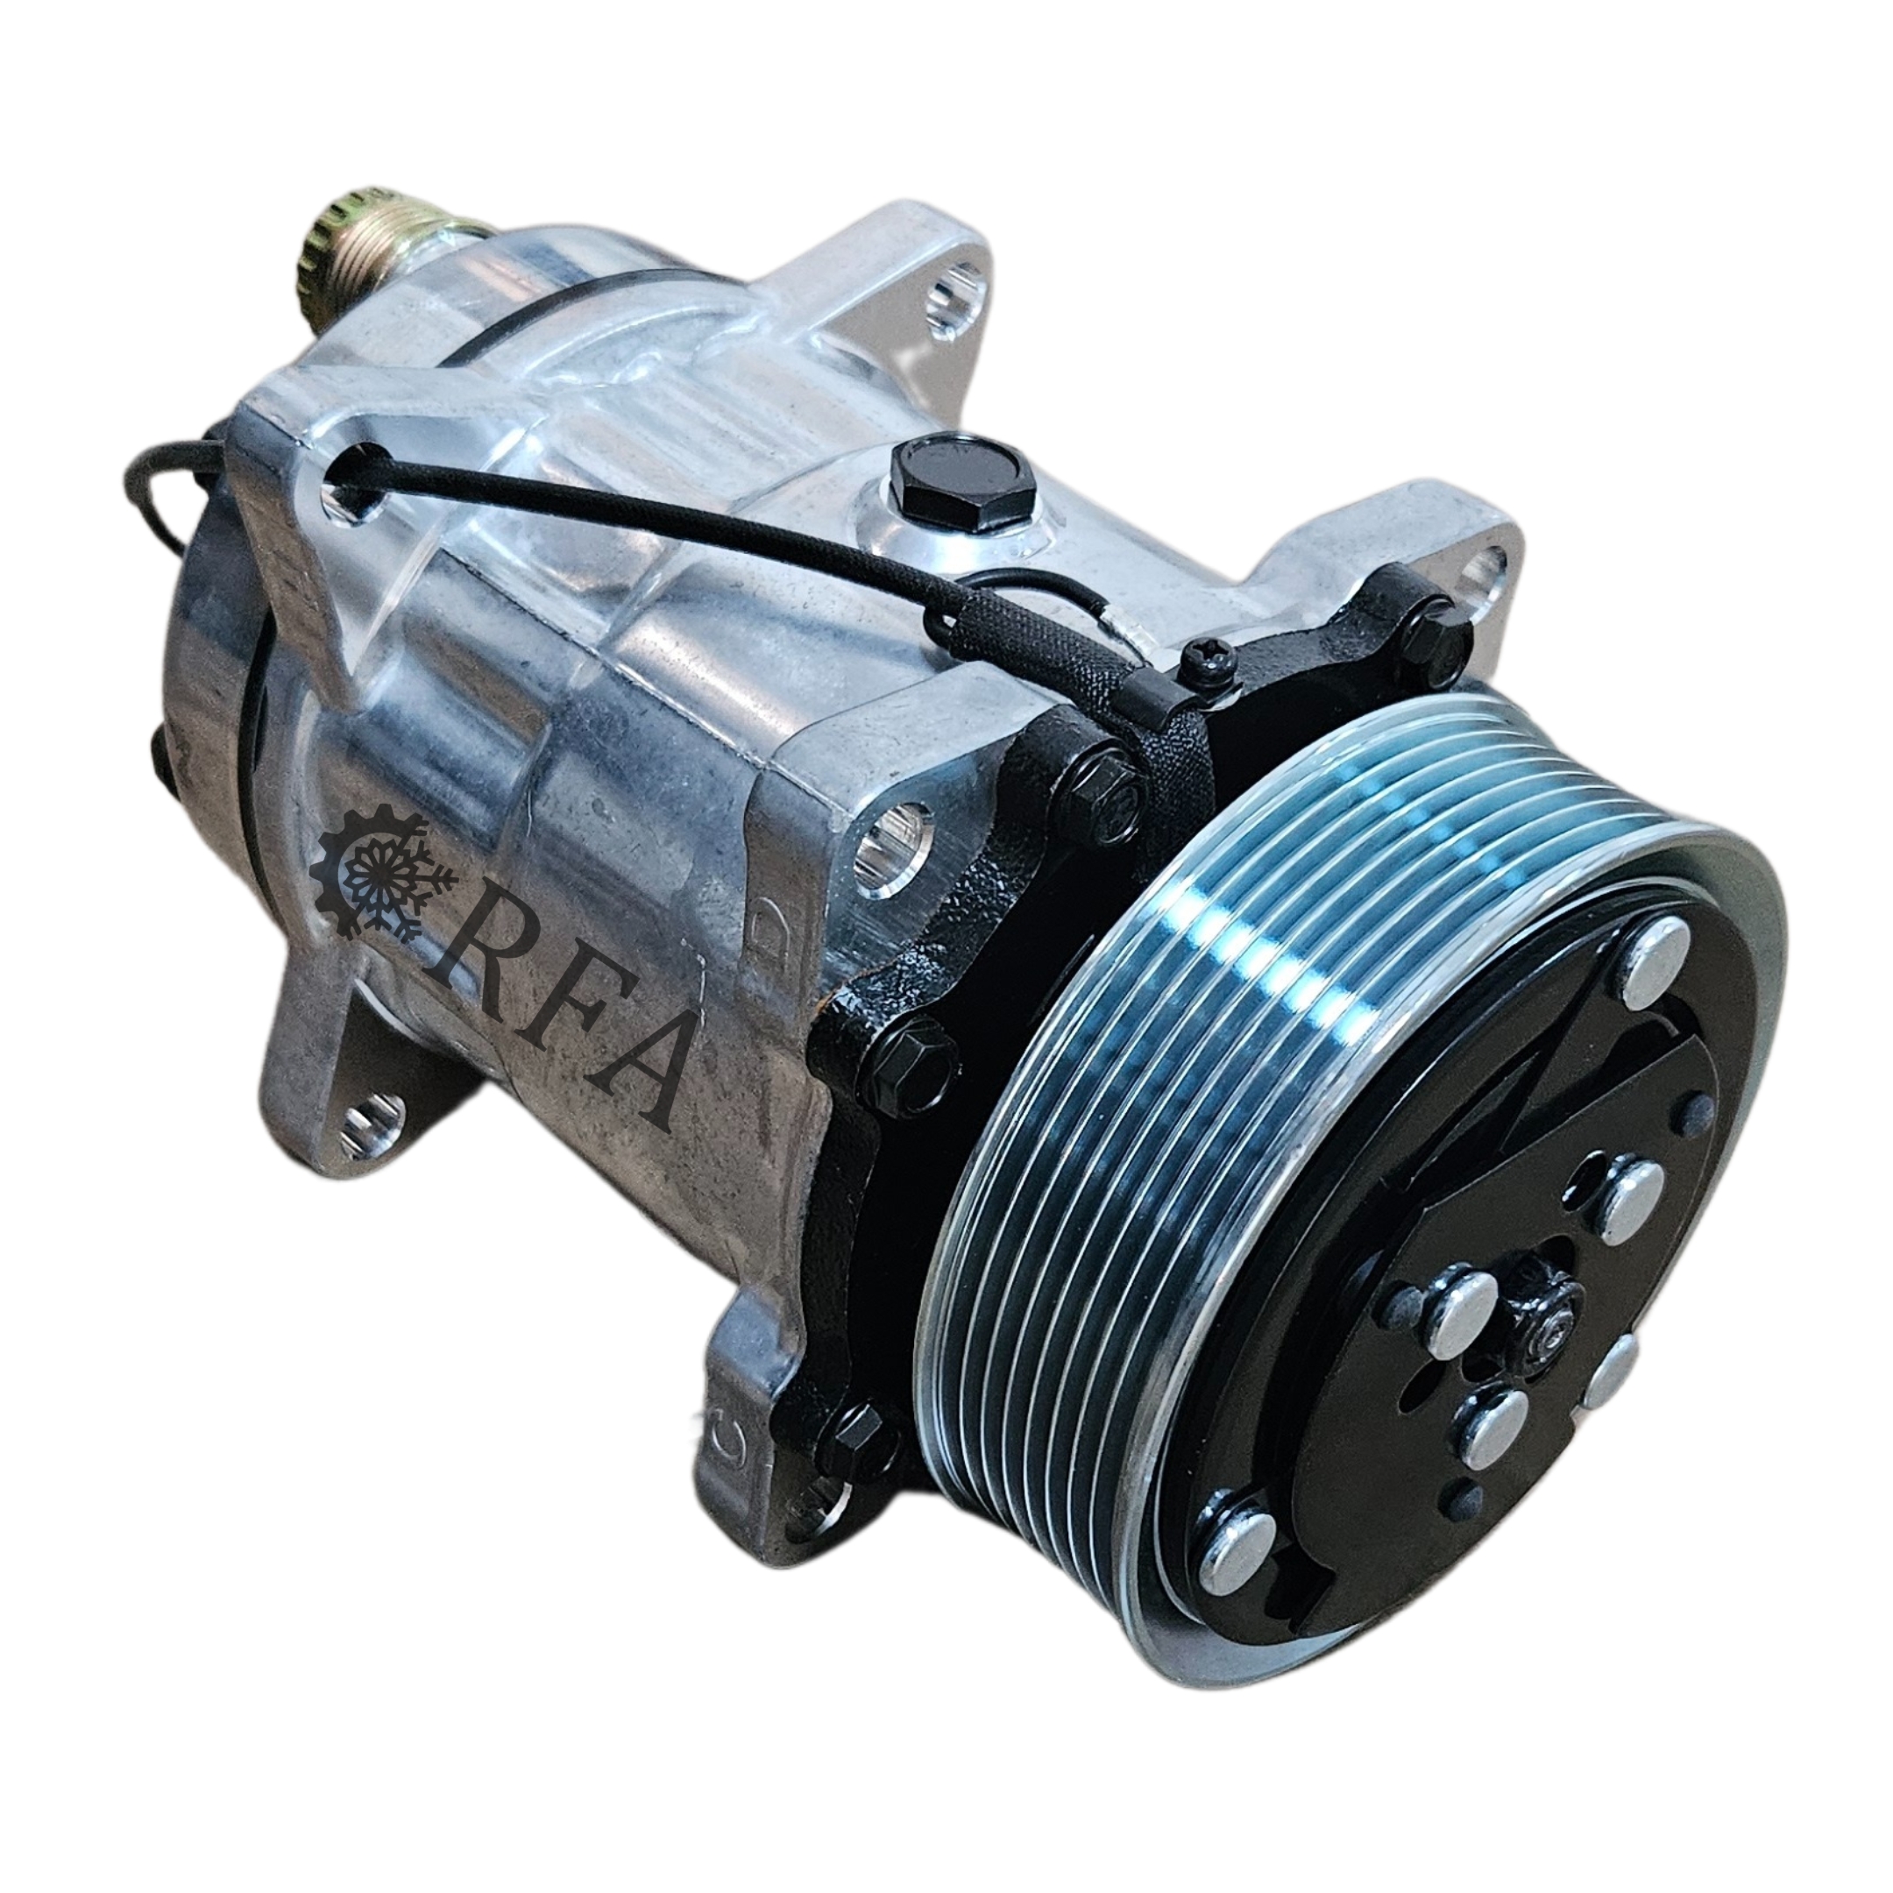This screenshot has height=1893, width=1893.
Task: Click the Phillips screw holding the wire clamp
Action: (x=1206, y=663)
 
